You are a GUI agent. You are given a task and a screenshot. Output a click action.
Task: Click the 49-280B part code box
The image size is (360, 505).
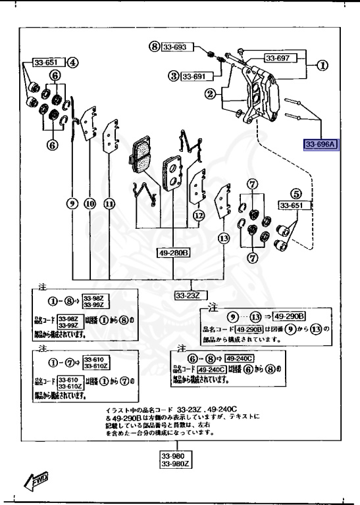click(173, 252)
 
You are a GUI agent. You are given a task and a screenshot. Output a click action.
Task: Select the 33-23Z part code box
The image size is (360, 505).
click(187, 296)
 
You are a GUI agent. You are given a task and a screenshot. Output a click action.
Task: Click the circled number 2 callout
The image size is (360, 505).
click(210, 95)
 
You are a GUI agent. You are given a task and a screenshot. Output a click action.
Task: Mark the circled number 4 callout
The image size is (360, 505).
click(72, 63)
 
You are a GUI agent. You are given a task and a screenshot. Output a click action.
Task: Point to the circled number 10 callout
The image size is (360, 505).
click(91, 204)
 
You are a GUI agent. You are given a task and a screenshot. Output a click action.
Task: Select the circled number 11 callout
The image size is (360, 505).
click(109, 204)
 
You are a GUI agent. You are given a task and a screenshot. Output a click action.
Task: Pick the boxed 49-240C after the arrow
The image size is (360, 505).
click(240, 358)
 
